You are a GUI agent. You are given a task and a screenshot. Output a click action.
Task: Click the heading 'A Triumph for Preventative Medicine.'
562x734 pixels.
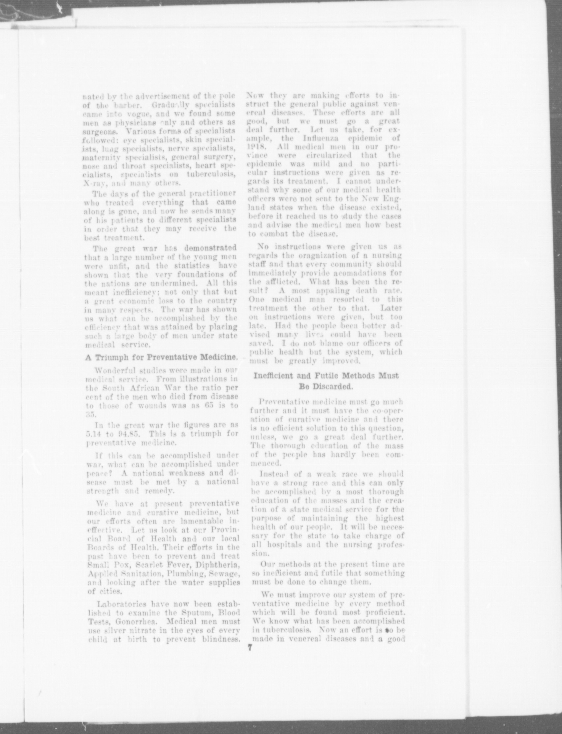(x=161, y=357)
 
